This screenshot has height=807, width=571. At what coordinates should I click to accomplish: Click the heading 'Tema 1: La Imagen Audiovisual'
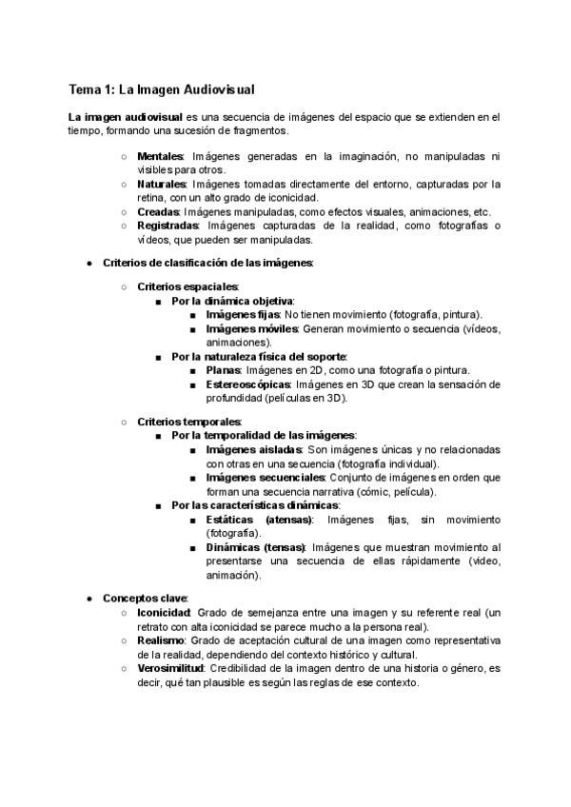tap(161, 89)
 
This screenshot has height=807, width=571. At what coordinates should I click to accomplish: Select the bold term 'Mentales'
tap(161, 156)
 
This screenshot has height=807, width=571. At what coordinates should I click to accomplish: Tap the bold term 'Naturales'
tap(163, 184)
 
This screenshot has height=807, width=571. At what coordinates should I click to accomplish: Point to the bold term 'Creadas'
tap(158, 211)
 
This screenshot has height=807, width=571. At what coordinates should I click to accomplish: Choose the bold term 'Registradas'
tap(167, 226)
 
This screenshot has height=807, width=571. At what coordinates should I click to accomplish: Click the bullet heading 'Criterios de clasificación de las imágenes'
tap(207, 263)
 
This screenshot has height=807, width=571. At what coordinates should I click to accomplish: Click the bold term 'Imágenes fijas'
tap(242, 314)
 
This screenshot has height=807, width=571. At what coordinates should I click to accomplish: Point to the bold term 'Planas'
tap(224, 370)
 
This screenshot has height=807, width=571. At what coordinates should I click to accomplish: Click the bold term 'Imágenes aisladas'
tap(253, 449)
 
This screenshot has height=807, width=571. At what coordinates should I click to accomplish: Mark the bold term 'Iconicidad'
tap(163, 613)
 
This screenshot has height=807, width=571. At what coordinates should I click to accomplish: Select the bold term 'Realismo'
tap(161, 640)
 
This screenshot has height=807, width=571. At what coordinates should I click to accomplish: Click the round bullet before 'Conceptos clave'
tap(89, 599)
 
